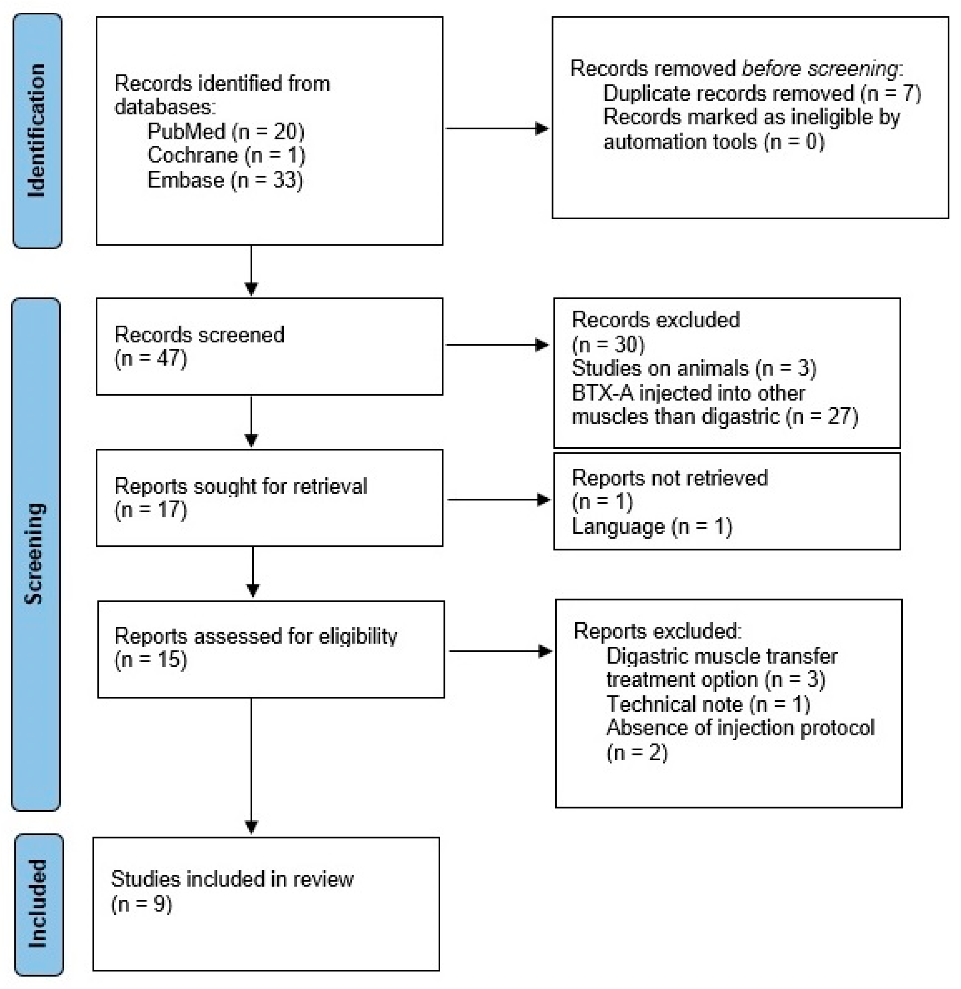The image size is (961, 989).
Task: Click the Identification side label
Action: pyautogui.click(x=37, y=131)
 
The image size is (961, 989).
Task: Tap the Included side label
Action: pyautogui.click(x=39, y=904)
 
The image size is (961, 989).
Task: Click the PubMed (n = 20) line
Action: pyautogui.click(x=225, y=132)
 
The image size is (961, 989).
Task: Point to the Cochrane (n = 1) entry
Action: pyautogui.click(x=226, y=155)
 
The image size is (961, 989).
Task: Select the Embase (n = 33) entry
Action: pyautogui.click(x=225, y=180)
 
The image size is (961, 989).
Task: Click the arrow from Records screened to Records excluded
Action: pyautogui.click(x=497, y=345)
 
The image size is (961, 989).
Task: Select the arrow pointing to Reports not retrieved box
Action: pyautogui.click(x=499, y=500)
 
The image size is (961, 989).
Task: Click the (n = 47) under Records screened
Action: pyautogui.click(x=150, y=359)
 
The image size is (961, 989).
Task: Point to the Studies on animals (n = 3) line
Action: pyautogui.click(x=694, y=368)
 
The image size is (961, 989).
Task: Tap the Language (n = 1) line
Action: pyautogui.click(x=651, y=527)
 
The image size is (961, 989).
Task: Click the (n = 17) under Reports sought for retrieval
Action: pyautogui.click(x=150, y=510)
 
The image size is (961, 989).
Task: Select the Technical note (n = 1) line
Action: pyautogui.click(x=708, y=704)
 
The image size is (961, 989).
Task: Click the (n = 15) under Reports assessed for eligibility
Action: pyautogui.click(x=150, y=660)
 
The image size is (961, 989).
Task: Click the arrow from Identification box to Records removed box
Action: pyautogui.click(x=497, y=129)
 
